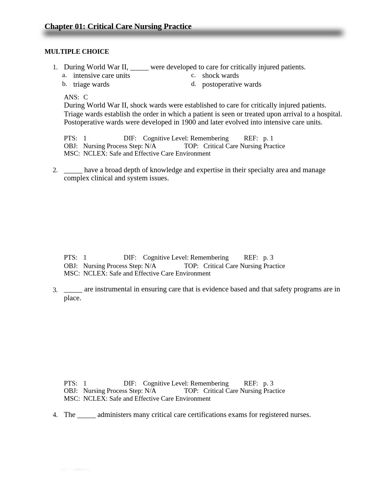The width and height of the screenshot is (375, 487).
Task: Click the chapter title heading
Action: (118, 27)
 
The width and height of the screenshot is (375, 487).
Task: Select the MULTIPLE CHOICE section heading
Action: (77, 52)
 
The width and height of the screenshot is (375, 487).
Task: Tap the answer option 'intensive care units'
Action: (101, 76)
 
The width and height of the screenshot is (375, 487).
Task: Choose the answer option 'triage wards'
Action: (91, 85)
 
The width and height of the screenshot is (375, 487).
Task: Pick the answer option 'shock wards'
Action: (220, 76)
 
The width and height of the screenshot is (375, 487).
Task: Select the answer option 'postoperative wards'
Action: (232, 85)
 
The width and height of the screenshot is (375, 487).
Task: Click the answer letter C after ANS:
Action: (85, 97)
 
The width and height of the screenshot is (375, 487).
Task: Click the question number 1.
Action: (55, 67)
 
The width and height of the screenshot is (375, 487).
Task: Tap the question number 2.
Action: (55, 170)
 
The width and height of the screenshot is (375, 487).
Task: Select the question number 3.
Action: (55, 290)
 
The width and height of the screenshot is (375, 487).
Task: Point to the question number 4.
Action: (55, 415)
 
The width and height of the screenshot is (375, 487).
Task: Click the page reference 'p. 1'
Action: (268, 138)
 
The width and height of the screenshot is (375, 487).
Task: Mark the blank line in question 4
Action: (86, 415)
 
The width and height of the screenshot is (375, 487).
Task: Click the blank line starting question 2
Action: (73, 170)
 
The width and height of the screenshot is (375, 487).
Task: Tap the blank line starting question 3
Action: (73, 290)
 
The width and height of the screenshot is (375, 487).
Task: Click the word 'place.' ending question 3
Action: (72, 298)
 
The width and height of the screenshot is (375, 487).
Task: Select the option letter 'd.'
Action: (194, 84)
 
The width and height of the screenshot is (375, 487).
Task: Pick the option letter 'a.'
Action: (64, 75)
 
